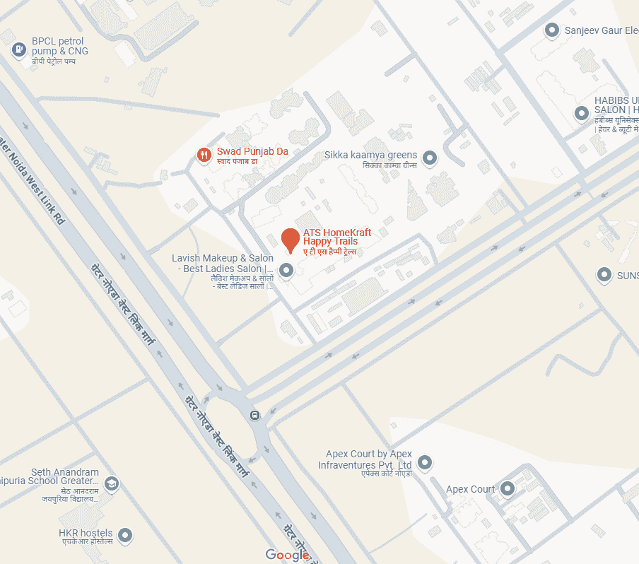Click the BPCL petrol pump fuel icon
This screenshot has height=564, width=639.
[x=19, y=49]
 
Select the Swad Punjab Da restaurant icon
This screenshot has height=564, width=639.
[x=204, y=155]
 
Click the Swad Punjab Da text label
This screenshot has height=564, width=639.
[x=252, y=151]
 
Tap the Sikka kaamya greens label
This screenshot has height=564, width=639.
[x=370, y=155]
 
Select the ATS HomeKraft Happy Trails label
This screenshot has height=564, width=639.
[x=337, y=237]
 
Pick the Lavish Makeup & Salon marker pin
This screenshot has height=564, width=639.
[x=286, y=270]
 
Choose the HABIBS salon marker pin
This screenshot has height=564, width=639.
[x=582, y=113]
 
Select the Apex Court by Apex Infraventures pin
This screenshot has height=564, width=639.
[x=425, y=463]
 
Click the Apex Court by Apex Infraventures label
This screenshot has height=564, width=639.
[x=365, y=459]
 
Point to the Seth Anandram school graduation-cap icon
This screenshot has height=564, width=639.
[x=112, y=484]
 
